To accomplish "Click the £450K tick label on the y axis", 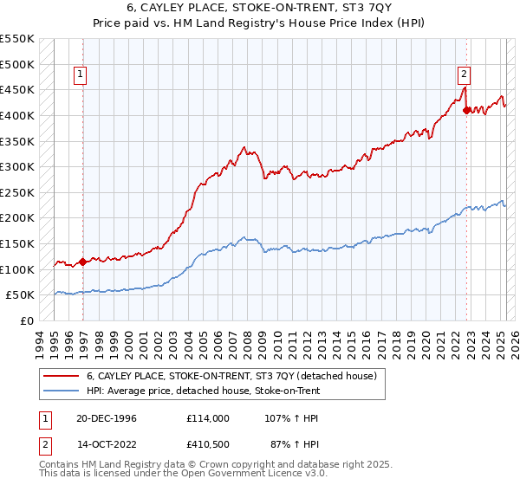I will (x=17, y=90).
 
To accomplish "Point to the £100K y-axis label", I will (x=17, y=269).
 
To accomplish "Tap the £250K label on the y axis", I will (x=17, y=192).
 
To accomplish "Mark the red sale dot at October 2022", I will (x=467, y=110).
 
